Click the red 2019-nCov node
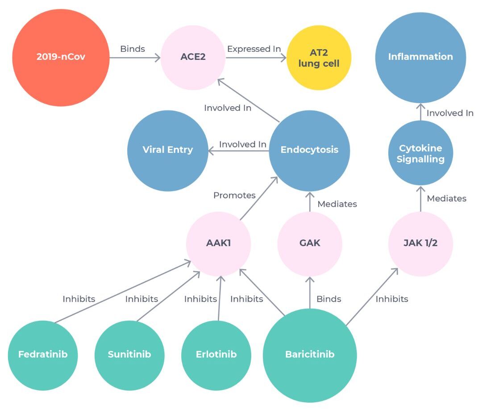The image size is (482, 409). pos(61,58)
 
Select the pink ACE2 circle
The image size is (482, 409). pos(193,58)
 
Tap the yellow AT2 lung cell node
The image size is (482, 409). pos(319,58)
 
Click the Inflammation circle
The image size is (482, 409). pos(420,58)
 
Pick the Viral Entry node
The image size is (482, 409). pos(168,150)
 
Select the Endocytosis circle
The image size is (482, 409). pos(310,150)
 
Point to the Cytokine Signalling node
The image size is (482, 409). pos(420,153)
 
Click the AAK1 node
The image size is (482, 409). pos(219,244)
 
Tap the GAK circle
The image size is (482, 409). pos(310,244)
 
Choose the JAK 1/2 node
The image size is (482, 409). pos(420,244)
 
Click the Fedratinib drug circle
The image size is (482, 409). pos(43,355)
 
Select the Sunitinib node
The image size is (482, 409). pos(129,355)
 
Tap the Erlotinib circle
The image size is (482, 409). pos(216,355)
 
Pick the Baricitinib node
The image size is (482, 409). pos(310,355)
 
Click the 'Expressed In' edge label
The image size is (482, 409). pos(254,49)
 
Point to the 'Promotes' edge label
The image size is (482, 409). pos(235,195)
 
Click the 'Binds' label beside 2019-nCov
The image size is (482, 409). pos(133,49)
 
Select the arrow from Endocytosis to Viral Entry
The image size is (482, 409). pos(239,150)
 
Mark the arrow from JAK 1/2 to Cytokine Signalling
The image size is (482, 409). pos(420,199)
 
